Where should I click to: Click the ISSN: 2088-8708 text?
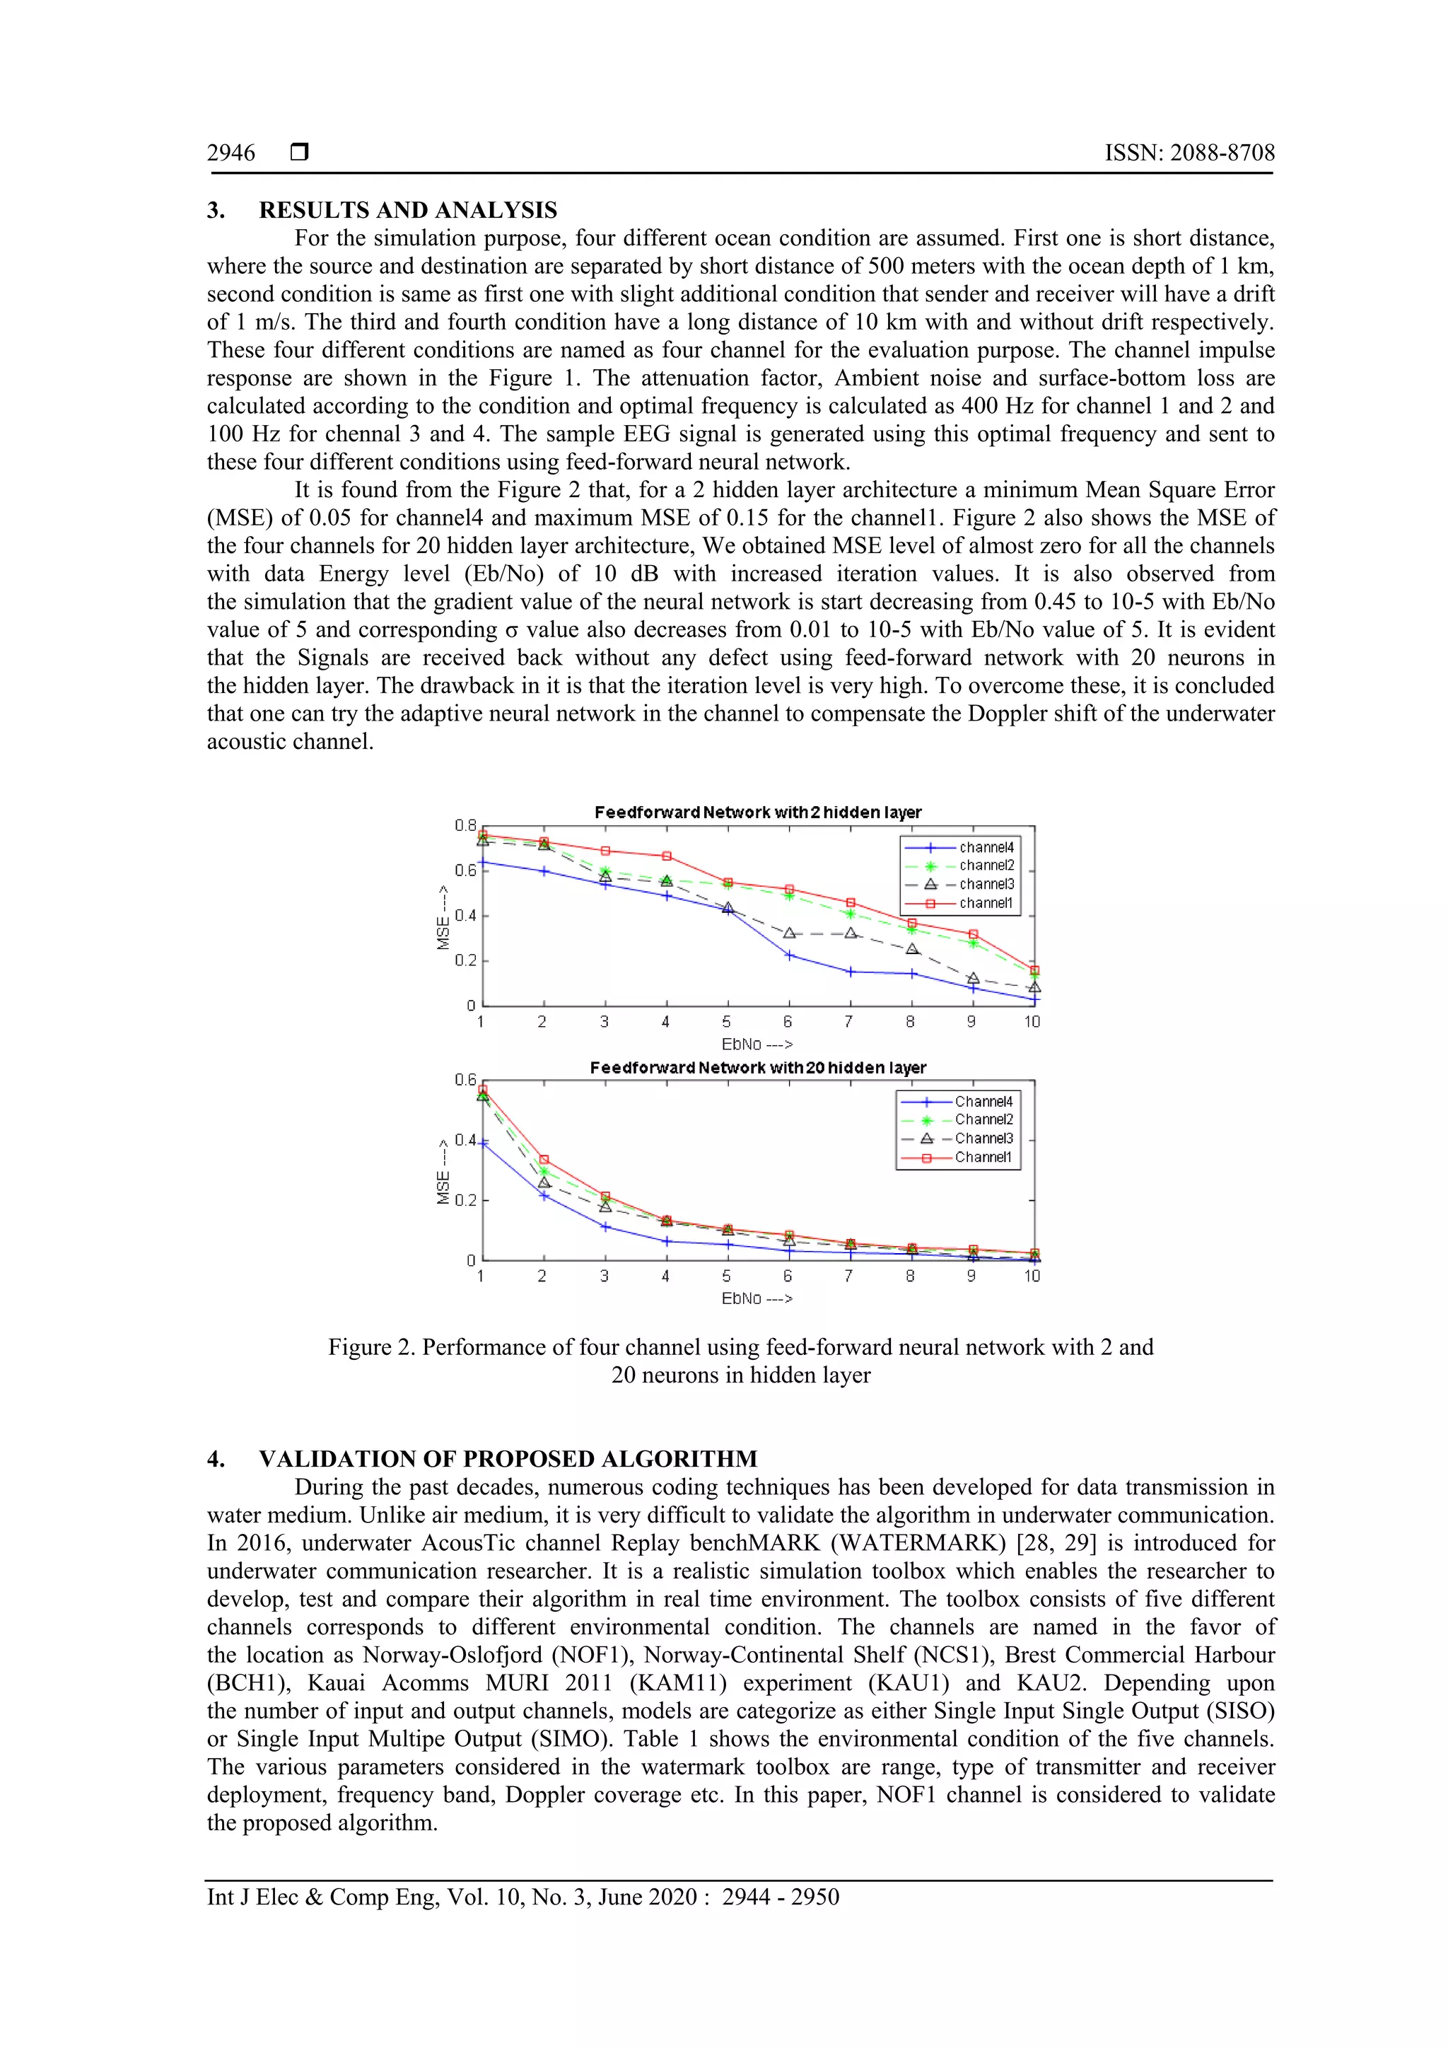[1189, 153]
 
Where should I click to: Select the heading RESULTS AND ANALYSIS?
[407, 211]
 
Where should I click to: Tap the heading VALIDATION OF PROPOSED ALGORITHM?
[508, 1460]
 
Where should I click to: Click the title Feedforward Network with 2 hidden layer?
[757, 813]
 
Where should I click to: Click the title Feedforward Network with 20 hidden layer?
[757, 1068]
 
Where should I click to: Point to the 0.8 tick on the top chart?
[465, 826]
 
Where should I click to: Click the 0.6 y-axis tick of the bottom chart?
[465, 1080]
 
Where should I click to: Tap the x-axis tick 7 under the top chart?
[849, 1022]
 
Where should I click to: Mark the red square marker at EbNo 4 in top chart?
[666, 856]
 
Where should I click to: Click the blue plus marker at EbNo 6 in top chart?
[789, 955]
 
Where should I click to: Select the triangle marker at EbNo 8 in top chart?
[912, 949]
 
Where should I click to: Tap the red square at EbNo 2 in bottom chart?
[544, 1160]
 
